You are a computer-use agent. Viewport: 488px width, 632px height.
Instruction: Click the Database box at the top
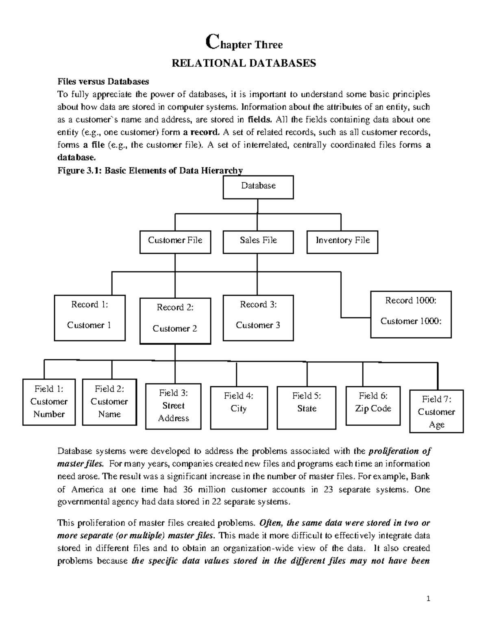pos(258,187)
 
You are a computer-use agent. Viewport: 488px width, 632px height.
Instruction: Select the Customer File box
pos(175,242)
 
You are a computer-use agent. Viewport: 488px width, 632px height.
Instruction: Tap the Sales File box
pos(258,242)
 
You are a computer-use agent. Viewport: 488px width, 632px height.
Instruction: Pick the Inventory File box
pos(342,242)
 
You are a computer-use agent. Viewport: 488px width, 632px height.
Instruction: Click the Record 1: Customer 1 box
pos(89,318)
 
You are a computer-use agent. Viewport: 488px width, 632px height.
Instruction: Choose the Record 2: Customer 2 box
pos(175,321)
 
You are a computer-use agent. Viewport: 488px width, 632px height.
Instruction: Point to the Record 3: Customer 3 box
pos(258,318)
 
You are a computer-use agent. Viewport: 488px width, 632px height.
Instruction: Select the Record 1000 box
pos(411,314)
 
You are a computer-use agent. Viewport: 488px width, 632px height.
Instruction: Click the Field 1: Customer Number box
pos(49,402)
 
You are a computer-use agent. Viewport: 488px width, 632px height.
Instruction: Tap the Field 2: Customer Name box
pos(109,402)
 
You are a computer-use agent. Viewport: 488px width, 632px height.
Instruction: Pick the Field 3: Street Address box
pos(173,406)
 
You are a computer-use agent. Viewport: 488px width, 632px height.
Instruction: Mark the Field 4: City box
pos(239,408)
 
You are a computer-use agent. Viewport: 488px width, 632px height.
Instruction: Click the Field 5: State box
pos(306,408)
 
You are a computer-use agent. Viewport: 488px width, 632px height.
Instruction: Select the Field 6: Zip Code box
pos(373,406)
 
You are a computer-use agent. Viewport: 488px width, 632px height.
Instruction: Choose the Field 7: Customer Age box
pos(436,411)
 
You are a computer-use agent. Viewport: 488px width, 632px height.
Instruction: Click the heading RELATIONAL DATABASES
pos(244,63)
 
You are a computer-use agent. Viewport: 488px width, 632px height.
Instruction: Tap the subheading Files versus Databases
pos(103,81)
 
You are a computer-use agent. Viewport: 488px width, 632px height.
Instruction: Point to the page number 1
pos(428,598)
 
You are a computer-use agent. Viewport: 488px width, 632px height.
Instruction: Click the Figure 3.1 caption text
pos(150,171)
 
